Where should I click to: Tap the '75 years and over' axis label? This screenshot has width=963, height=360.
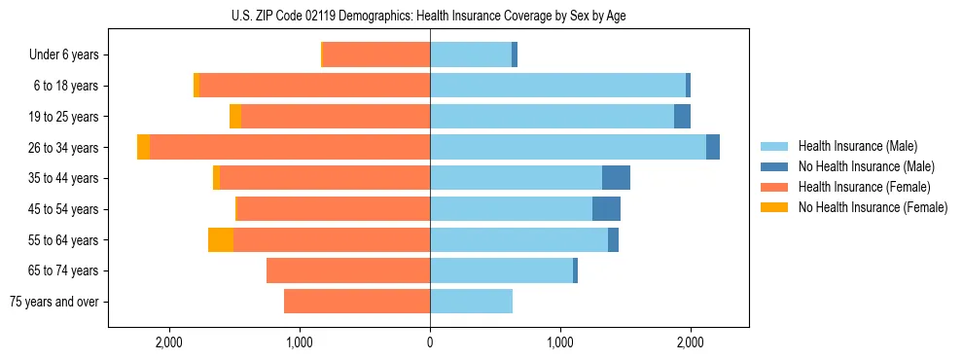[53, 302]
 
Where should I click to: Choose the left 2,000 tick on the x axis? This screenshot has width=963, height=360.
[169, 342]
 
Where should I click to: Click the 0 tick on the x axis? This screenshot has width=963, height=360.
[430, 342]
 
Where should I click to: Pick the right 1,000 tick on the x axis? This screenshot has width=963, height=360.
[560, 342]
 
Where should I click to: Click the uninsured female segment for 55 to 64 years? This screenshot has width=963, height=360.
[221, 240]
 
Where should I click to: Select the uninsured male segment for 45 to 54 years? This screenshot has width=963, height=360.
[606, 209]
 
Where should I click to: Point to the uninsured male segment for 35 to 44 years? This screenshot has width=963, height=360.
[616, 178]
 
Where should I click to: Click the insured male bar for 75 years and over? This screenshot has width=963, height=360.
[471, 302]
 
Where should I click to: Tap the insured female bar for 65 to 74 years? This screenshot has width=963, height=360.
[348, 270]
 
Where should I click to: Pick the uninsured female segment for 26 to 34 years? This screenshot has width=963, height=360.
[144, 148]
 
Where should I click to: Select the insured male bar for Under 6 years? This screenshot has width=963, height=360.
[471, 55]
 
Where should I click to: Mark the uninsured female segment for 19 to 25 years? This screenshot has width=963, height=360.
[235, 117]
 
